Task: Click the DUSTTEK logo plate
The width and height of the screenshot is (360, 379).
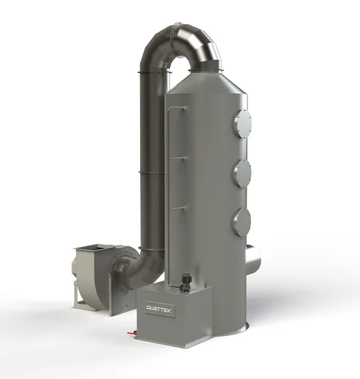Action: point(159,308)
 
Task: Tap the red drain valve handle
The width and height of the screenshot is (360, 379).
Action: point(131,333)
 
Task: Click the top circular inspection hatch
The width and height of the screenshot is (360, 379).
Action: point(242,124)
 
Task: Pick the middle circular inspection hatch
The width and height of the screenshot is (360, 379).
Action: point(242,173)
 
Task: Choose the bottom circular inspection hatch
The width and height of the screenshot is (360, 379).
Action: point(242,223)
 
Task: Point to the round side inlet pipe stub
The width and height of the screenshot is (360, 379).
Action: point(253,258)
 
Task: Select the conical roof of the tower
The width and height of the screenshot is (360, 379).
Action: point(207,82)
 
